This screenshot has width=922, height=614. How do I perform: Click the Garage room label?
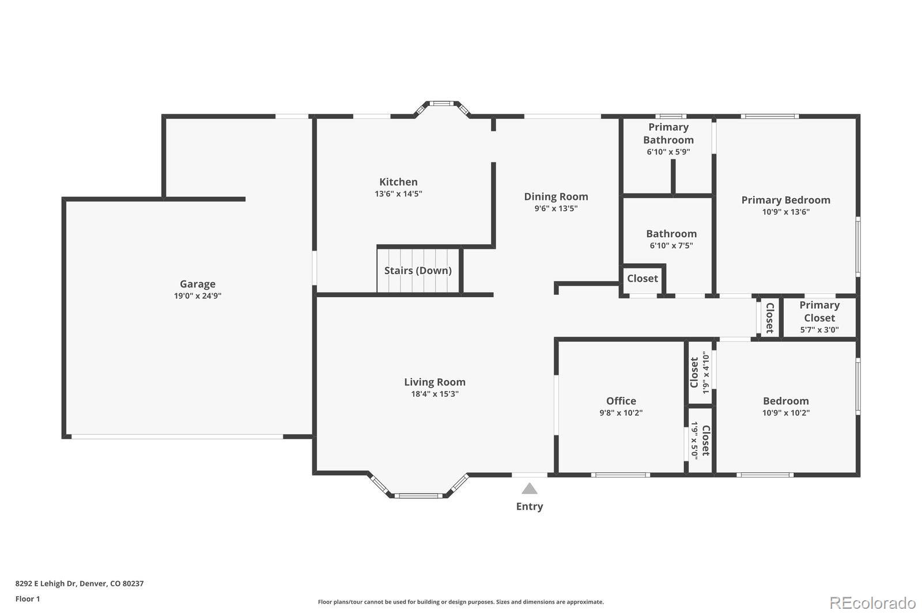198,284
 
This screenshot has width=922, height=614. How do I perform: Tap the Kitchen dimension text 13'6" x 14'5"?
398,194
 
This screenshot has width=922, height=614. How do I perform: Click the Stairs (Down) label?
418,271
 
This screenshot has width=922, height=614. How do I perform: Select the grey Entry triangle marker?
530,489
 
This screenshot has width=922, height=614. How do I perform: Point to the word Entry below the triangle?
529,506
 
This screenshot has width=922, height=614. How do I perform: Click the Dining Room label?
556,197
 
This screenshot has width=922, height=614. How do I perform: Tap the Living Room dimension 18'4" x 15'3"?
434,394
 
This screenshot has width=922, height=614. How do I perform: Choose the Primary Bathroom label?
668,134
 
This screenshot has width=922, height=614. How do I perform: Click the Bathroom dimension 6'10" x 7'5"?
671,245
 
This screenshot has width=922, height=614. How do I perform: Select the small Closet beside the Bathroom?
642,279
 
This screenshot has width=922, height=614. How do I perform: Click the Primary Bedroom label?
785,200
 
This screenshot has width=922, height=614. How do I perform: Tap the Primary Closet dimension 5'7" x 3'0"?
819,330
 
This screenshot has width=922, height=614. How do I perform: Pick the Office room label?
621,401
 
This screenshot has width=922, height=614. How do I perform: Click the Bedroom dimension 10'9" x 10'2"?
785,413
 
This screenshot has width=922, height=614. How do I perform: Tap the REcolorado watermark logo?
872,602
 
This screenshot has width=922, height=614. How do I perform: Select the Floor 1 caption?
28,599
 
